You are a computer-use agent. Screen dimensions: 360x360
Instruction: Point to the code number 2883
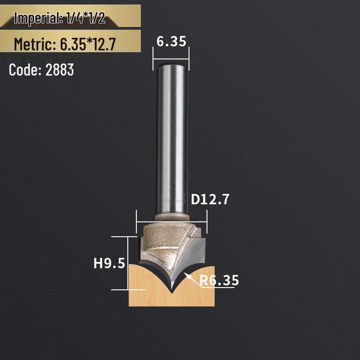click(x=59, y=70)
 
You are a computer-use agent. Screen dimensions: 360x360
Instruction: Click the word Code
click(x=24, y=70)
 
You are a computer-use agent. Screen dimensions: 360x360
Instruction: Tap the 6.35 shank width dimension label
click(x=171, y=41)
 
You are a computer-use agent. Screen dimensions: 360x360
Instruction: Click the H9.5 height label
click(x=109, y=263)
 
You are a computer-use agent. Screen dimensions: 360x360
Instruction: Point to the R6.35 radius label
click(x=219, y=281)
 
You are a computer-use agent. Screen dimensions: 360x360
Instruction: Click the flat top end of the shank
click(x=171, y=64)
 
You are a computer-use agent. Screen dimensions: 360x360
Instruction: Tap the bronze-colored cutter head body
click(x=157, y=245)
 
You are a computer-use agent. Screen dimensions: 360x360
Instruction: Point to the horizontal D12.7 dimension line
click(x=171, y=222)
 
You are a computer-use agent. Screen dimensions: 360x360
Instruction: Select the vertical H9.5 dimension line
click(x=128, y=263)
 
